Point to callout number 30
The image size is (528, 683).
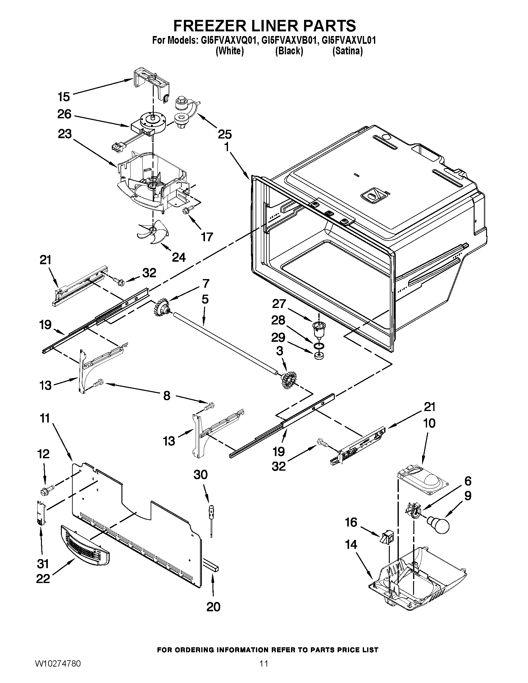click(201, 475)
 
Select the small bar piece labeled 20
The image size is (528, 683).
click(212, 568)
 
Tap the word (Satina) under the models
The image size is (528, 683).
click(347, 51)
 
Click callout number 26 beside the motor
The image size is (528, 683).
click(64, 114)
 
